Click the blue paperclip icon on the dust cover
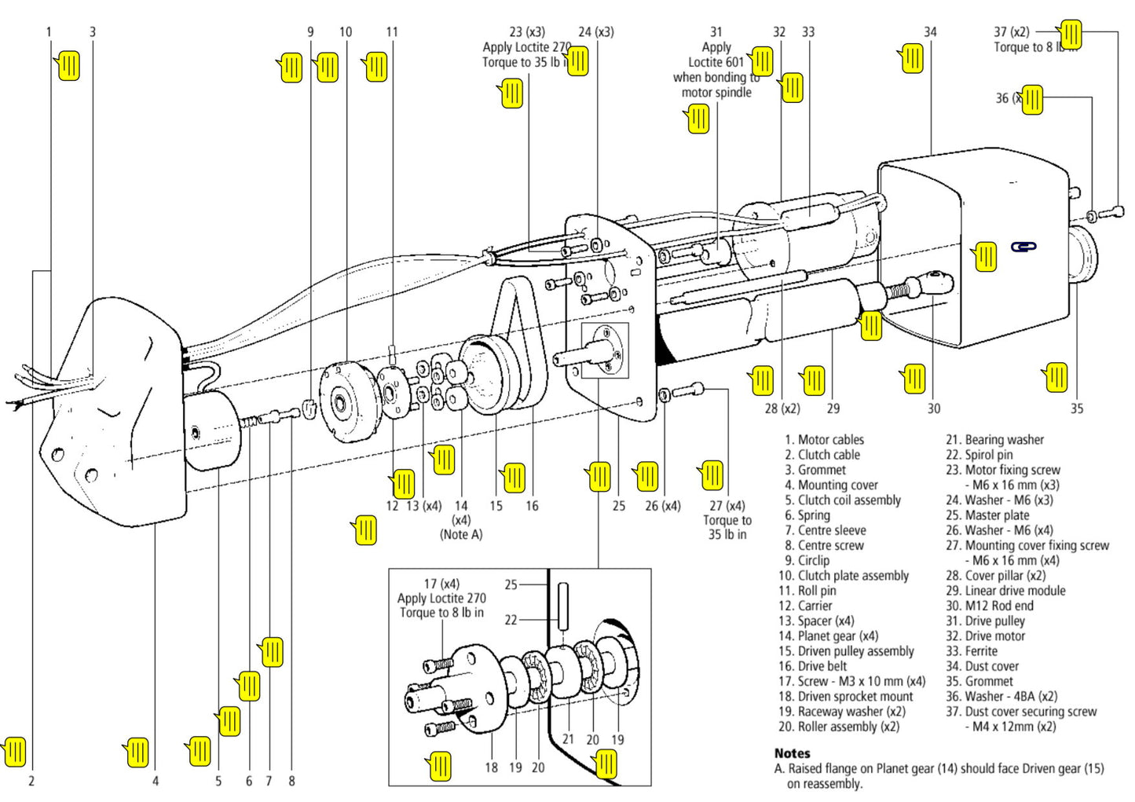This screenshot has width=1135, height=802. pos(1023,247)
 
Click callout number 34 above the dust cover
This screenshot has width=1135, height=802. pos(930,32)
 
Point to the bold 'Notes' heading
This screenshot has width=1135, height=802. pos(792,753)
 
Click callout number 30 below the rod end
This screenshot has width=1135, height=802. pos(933,408)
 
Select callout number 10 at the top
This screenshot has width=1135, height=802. pos(346,32)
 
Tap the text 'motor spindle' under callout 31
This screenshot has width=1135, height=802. pos(716,93)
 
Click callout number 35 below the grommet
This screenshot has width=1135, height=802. pos(1076,408)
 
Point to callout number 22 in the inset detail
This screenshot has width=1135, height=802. pos(511,620)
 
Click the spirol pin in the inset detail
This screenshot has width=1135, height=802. pos(563,605)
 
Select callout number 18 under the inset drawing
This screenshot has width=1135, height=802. pos(491,767)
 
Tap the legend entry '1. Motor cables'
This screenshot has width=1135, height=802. pos(824,440)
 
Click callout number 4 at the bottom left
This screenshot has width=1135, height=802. pos(156,781)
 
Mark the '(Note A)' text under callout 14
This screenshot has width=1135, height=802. pos(461,535)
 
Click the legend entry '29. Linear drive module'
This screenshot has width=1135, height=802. pos(1005,591)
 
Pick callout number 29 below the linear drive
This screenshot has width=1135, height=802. pos(833,408)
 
